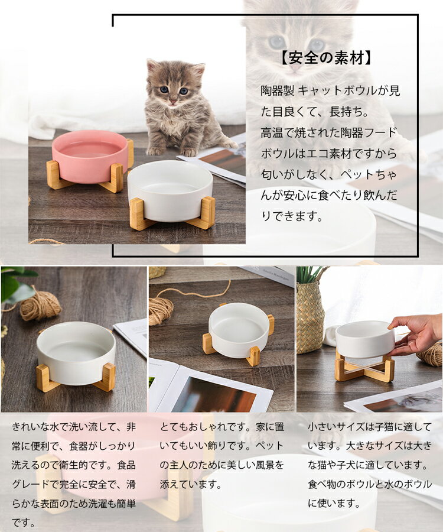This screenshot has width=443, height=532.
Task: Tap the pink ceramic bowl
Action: (90, 156)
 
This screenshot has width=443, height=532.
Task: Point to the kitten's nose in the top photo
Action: (173, 101)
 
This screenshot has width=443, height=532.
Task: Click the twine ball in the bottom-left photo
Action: (40, 304)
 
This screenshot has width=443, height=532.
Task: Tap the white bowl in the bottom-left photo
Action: (76, 353)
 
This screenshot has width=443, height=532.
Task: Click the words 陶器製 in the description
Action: (277, 91)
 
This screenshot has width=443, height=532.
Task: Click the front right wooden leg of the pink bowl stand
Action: (116, 178)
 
